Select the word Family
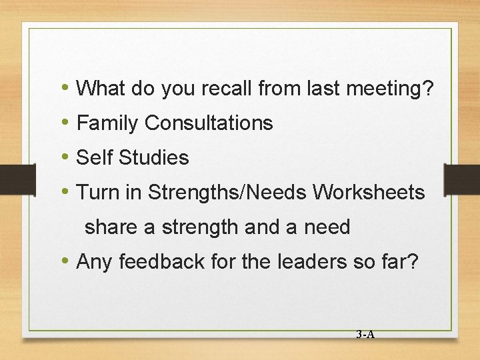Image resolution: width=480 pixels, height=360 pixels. coord(108,123)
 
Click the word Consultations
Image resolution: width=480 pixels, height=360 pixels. coord(209,123)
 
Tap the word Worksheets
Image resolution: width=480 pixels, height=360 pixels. coord(369,193)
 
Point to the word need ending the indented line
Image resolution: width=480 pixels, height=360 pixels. coord(327,227)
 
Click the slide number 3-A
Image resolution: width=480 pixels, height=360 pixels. coord(365,335)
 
